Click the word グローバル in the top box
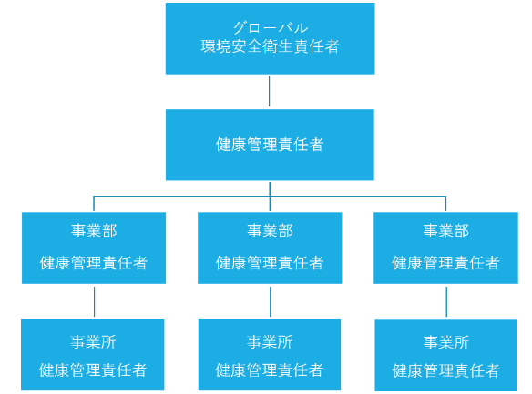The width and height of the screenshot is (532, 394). tap(271, 28)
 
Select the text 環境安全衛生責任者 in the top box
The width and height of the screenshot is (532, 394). tap(270, 46)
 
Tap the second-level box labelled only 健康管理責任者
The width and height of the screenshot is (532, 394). tap(270, 145)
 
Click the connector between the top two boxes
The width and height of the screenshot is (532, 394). tap(270, 91)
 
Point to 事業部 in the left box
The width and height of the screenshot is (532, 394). tap(94, 231)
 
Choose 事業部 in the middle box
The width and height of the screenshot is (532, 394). tap(270, 231)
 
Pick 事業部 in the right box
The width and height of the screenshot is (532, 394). tap(446, 231)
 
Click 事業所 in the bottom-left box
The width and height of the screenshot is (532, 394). tap(93, 342)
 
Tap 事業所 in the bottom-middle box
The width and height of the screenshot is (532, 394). tap(270, 342)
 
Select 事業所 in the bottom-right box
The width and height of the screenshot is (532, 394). tap(446, 342)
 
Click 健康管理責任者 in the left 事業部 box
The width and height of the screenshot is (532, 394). tap(94, 263)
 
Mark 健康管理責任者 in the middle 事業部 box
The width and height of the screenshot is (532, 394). tap(270, 263)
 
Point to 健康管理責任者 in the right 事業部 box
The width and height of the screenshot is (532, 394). tap(445, 263)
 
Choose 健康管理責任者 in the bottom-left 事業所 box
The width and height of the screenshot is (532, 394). tap(93, 370)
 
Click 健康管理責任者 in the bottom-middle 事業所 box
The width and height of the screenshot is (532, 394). tap(270, 370)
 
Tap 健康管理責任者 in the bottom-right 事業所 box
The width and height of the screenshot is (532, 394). tap(446, 370)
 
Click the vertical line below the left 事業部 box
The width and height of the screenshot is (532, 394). tap(95, 301)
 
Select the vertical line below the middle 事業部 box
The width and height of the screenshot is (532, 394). tap(271, 301)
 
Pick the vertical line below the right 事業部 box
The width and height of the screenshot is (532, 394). tap(446, 301)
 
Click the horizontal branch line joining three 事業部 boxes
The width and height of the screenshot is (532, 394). tap(270, 197)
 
